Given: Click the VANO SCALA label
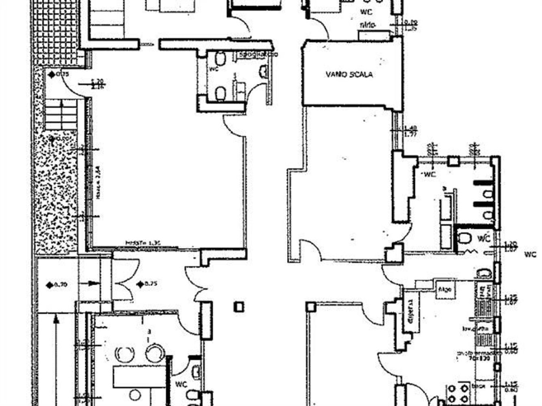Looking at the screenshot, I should click(349, 74).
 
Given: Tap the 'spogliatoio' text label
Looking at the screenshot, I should click(259, 54).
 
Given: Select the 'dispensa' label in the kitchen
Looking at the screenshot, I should click(410, 310).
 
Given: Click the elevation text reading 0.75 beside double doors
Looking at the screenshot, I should click(151, 284).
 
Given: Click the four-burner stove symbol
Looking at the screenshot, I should click(457, 393).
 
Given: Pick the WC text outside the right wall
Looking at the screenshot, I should click(530, 255).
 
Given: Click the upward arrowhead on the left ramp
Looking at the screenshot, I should click(56, 321).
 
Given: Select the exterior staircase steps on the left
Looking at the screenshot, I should click(61, 114).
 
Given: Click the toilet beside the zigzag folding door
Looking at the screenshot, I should click(463, 240).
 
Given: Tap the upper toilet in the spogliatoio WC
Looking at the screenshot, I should click(221, 60).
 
